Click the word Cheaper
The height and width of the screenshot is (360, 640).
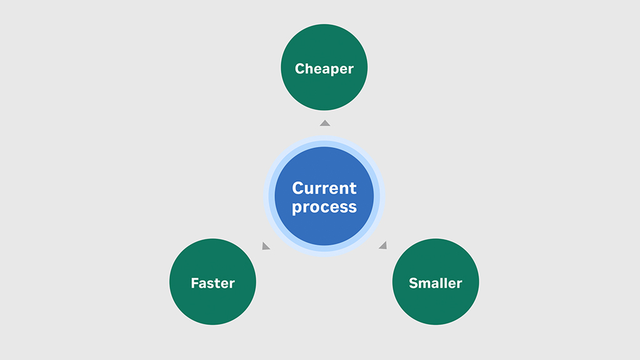[x=324, y=69]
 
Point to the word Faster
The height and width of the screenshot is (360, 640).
[x=212, y=283]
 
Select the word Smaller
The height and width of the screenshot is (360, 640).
[x=436, y=283]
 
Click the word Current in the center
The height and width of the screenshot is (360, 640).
[x=324, y=187]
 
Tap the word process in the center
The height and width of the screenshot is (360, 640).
[x=324, y=207]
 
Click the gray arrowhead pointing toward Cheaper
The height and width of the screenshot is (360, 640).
[x=325, y=123]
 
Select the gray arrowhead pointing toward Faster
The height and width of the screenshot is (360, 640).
[x=266, y=246]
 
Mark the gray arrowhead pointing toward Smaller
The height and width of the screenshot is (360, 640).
[x=383, y=245]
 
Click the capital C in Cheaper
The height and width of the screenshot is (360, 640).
[x=300, y=69]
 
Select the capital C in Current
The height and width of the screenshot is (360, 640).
[x=298, y=187]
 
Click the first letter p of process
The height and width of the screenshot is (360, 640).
[x=297, y=209]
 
